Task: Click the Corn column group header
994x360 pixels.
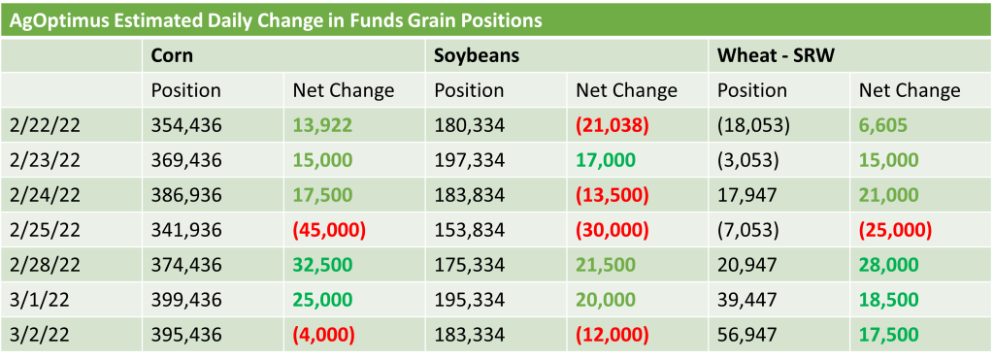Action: pos(172,55)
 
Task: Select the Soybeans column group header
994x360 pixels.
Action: pos(477,55)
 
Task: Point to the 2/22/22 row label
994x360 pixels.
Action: pos(45,125)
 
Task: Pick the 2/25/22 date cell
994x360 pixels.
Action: pos(45,229)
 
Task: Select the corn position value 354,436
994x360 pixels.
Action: pos(186,125)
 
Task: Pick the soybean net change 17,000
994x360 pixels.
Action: pos(605,160)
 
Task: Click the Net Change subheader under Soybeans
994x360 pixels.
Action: pos(626,90)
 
